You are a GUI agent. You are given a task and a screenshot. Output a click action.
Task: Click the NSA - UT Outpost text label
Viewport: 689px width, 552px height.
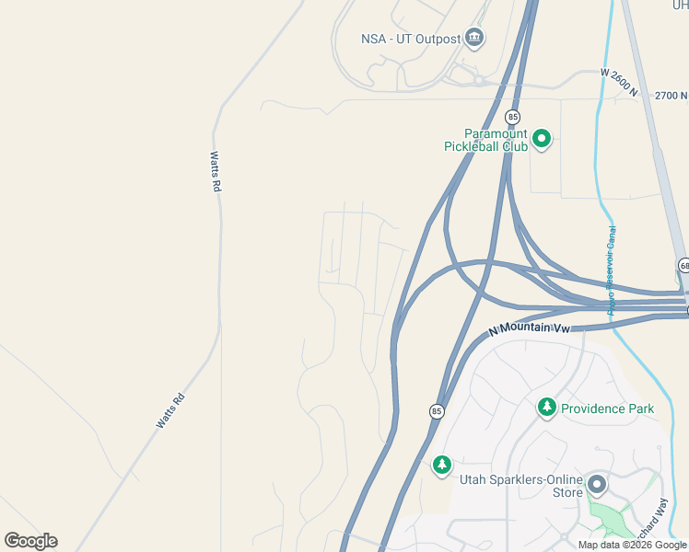pyautogui.click(x=410, y=39)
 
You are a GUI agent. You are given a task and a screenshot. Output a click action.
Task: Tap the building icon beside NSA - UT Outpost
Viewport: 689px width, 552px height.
pyautogui.click(x=475, y=38)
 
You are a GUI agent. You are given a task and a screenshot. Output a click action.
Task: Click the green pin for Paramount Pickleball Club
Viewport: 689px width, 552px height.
pyautogui.click(x=542, y=140)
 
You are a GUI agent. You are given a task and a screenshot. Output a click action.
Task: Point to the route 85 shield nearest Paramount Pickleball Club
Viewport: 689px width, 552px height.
pyautogui.click(x=512, y=117)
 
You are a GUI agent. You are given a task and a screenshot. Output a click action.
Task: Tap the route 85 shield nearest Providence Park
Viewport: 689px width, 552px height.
pyautogui.click(x=437, y=411)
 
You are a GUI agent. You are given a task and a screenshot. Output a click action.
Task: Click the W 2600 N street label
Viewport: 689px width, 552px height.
pyautogui.click(x=618, y=79)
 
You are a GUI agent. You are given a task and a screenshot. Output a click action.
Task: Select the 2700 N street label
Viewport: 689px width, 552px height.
pyautogui.click(x=671, y=95)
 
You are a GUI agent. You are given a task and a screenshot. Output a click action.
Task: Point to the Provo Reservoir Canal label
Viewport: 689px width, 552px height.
pyautogui.click(x=612, y=270)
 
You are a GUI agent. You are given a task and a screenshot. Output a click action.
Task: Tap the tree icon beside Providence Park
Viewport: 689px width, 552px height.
pyautogui.click(x=546, y=407)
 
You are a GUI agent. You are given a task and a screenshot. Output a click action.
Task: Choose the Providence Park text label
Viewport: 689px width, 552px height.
pyautogui.click(x=607, y=408)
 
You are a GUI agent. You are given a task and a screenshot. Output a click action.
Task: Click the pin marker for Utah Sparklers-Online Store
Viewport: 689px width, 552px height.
pyautogui.click(x=597, y=484)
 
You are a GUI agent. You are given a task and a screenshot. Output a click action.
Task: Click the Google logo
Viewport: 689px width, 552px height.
pyautogui.click(x=30, y=541)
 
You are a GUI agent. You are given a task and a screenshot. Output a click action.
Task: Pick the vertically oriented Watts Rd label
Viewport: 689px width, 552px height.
pyautogui.click(x=216, y=171)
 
